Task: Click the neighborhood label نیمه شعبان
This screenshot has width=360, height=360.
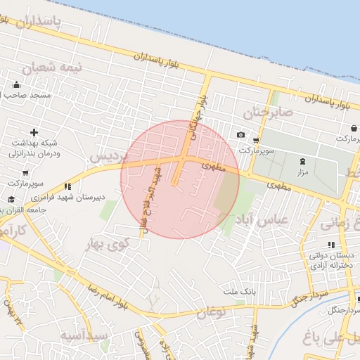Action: pos(52,67)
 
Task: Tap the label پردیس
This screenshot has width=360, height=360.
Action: pos(105,155)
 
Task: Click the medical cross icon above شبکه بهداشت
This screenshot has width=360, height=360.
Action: pos(34,132)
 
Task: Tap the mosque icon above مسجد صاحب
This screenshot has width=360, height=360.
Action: pos(16,85)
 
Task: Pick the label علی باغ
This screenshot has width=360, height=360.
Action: pos(330,340)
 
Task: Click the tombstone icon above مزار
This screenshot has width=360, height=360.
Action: pos(303,162)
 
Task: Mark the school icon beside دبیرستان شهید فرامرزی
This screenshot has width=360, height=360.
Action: pos(67,187)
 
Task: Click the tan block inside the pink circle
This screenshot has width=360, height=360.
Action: pos(226,192)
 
